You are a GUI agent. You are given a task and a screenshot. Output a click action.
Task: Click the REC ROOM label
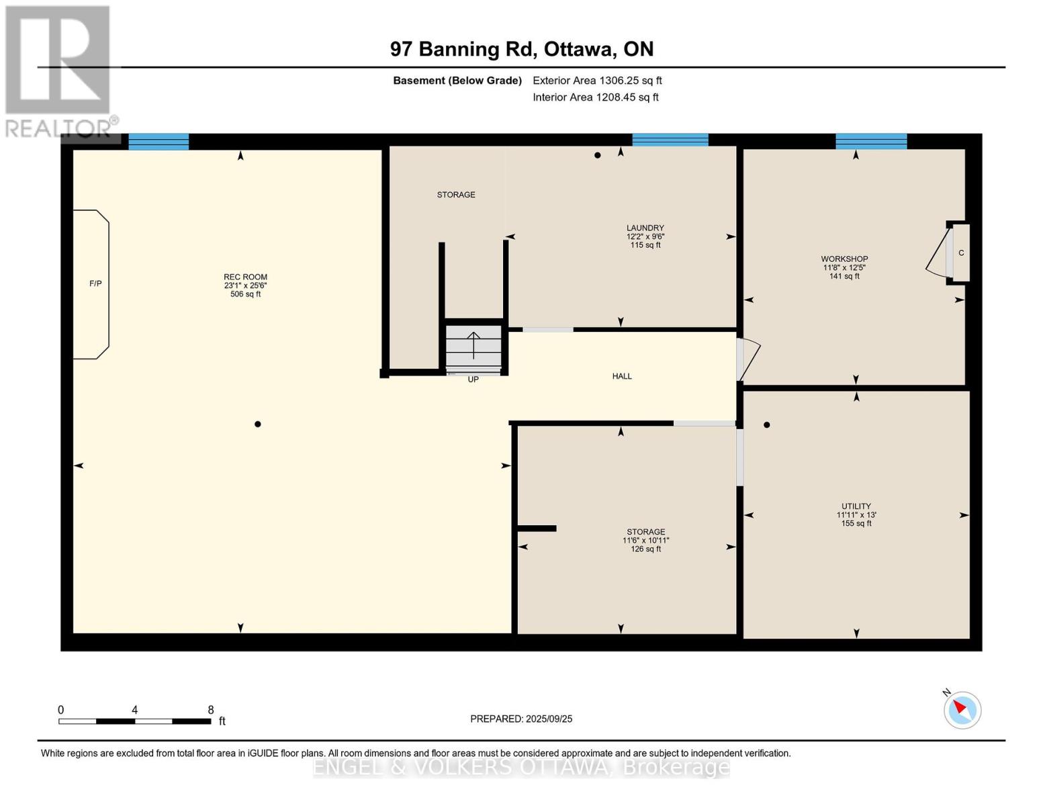point(245,277)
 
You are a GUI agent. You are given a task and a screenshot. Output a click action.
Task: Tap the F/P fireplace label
point(95,283)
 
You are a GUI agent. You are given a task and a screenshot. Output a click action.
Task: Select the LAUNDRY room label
point(645,228)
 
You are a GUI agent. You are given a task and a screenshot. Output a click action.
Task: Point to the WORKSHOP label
point(844,259)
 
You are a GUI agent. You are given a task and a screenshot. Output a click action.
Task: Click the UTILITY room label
point(856,506)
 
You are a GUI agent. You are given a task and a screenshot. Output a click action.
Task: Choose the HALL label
point(622,376)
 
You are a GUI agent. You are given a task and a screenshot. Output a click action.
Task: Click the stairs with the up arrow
point(473,347)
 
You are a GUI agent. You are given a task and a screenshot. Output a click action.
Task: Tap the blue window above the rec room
point(158,142)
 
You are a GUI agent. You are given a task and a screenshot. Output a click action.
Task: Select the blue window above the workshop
point(871,142)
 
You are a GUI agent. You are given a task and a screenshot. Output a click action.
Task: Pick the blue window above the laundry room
point(670,140)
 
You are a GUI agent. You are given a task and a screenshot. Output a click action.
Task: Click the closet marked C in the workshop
point(960,253)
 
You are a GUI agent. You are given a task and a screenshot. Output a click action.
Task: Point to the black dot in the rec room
point(258,424)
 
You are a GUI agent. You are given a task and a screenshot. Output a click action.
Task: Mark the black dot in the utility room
point(766,425)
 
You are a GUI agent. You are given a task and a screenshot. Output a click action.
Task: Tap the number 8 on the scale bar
point(211,709)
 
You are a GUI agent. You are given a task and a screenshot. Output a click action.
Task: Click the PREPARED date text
point(521,719)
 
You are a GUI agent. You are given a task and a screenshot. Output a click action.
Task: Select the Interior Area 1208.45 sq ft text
point(596,97)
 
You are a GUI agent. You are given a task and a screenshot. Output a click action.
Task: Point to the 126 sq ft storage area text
point(645,549)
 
